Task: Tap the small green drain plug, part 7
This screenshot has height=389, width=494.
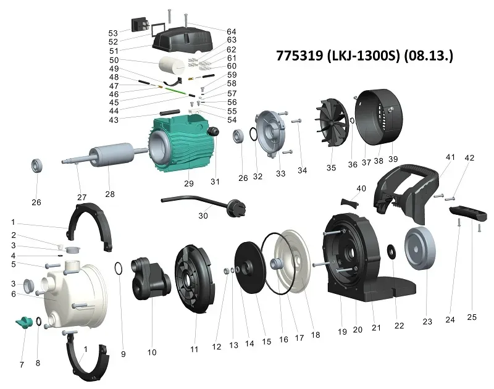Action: pyautogui.click(x=24, y=322)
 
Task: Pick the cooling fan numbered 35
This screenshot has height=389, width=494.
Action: pyautogui.click(x=332, y=122)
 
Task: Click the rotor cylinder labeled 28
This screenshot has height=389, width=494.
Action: pyautogui.click(x=111, y=154)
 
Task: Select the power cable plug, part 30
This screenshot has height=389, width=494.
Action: pyautogui.click(x=204, y=204)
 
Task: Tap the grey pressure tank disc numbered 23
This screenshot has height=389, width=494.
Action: pyautogui.click(x=420, y=249)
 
